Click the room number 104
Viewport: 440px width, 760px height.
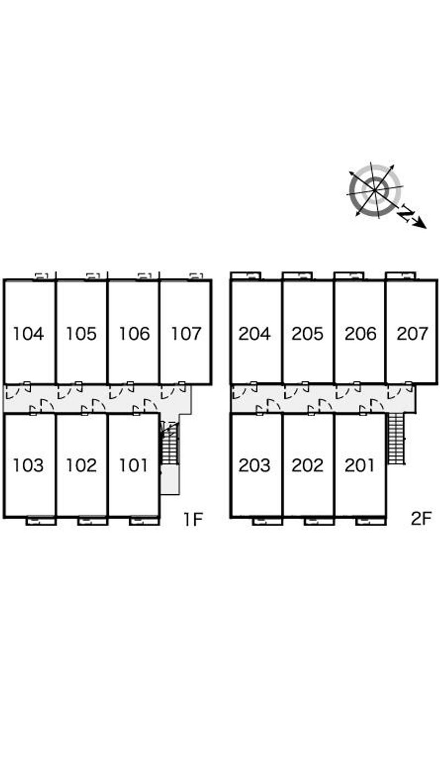pyautogui.click(x=29, y=333)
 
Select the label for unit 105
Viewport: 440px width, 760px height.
pyautogui.click(x=81, y=333)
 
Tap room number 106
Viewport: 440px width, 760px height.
pyautogui.click(x=134, y=333)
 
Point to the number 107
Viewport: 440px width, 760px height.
pyautogui.click(x=186, y=333)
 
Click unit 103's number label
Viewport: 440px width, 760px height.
pyautogui.click(x=29, y=465)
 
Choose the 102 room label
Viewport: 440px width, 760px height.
pyautogui.click(x=81, y=465)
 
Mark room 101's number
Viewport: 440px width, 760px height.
pyautogui.click(x=133, y=465)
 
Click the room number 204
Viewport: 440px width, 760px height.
pyautogui.click(x=255, y=333)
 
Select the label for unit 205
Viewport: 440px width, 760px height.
pyautogui.click(x=307, y=333)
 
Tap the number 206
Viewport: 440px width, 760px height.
pyautogui.click(x=360, y=333)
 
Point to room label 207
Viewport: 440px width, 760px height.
pyautogui.click(x=412, y=333)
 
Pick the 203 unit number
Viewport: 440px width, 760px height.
pyautogui.click(x=255, y=465)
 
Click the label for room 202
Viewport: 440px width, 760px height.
pyautogui.click(x=307, y=465)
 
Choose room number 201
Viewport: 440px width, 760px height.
pyautogui.click(x=359, y=465)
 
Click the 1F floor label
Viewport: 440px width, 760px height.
pyautogui.click(x=193, y=519)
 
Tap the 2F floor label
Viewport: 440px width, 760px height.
pyautogui.click(x=421, y=519)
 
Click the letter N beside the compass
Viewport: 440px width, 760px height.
pyautogui.click(x=406, y=213)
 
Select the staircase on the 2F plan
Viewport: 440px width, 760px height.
pyautogui.click(x=397, y=439)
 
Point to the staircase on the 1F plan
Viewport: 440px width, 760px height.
pyautogui.click(x=170, y=444)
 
